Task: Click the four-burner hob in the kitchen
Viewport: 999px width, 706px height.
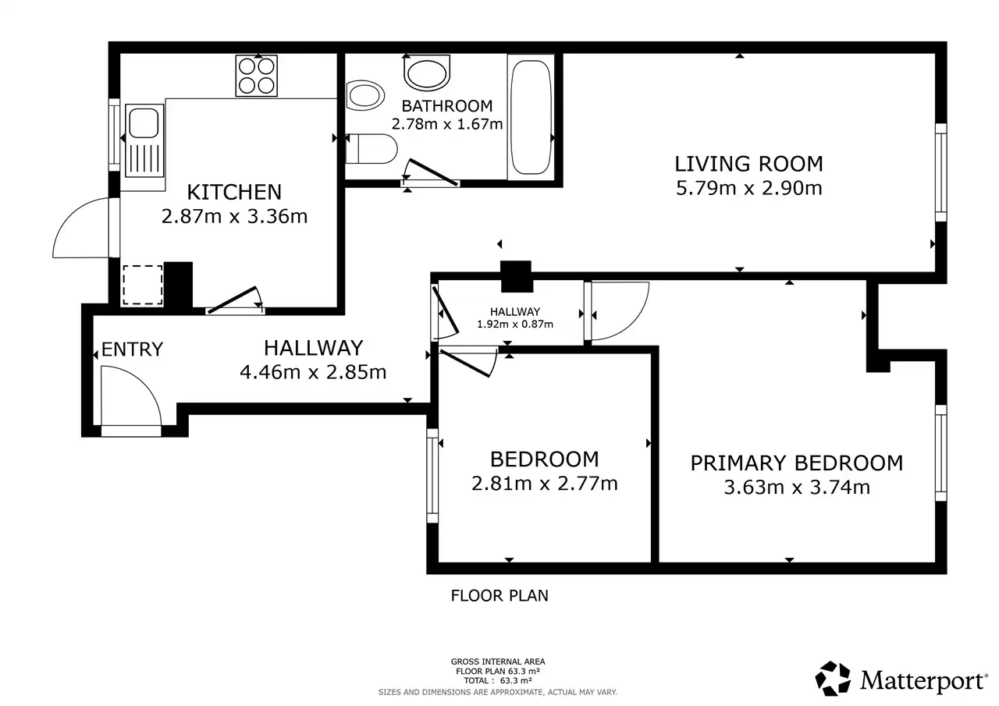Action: click(257, 76)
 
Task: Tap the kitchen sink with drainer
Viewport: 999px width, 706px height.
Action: click(144, 140)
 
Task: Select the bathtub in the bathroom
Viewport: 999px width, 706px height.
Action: click(530, 117)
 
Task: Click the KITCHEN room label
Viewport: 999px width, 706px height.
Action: click(234, 192)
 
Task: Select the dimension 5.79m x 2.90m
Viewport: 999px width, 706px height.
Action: click(748, 188)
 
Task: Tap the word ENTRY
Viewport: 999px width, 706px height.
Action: click(132, 349)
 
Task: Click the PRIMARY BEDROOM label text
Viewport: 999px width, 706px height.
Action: click(797, 463)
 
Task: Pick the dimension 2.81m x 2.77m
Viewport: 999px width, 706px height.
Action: click(545, 484)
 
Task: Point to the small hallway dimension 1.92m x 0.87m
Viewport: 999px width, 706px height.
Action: click(515, 324)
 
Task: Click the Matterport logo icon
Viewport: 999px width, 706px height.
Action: click(833, 678)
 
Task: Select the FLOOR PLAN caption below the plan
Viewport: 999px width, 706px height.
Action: click(499, 596)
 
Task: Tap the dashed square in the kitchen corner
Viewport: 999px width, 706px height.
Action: click(143, 286)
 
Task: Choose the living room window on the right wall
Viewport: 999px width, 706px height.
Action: click(940, 172)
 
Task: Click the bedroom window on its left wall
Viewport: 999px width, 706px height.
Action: click(432, 476)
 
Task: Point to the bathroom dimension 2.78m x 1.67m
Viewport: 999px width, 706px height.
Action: click(447, 124)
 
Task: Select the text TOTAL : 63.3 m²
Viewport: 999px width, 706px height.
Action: click(498, 680)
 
